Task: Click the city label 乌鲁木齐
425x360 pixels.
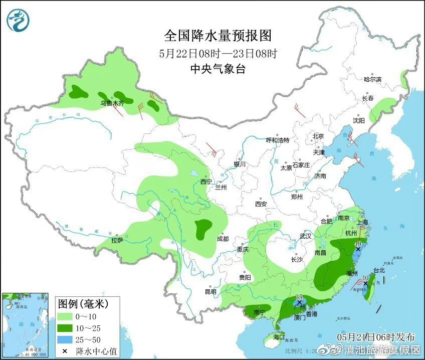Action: (x=111, y=103)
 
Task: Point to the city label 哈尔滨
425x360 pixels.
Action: (x=372, y=79)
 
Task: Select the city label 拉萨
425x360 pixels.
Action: (x=117, y=240)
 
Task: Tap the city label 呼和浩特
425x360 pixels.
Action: (x=278, y=140)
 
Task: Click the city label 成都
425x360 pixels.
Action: (x=223, y=239)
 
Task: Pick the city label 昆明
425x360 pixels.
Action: (x=210, y=291)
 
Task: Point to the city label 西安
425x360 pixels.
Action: (x=261, y=204)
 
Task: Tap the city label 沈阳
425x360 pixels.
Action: (x=358, y=120)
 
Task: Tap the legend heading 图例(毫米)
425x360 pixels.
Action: (x=82, y=303)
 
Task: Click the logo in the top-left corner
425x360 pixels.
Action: (x=18, y=20)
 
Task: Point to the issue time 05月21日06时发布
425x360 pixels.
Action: (x=376, y=336)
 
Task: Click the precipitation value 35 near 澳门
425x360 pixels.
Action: (x=300, y=297)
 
